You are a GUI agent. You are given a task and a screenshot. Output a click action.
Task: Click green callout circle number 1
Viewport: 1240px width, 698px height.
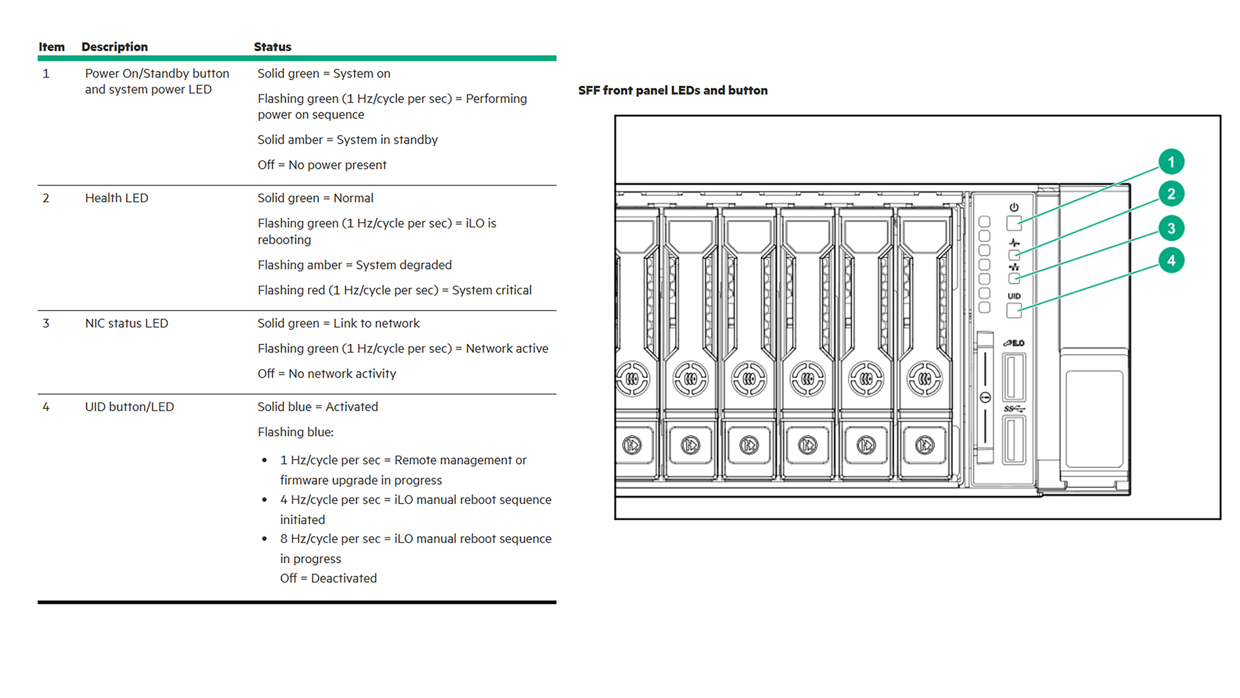tap(1171, 162)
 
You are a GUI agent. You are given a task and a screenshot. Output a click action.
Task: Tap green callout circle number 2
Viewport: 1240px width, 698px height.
tap(1171, 194)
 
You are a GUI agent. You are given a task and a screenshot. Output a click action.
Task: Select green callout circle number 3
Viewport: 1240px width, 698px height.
tap(1171, 228)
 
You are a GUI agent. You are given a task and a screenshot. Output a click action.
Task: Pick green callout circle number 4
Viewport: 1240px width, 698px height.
tap(1171, 260)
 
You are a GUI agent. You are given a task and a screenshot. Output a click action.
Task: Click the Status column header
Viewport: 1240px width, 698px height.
tap(273, 47)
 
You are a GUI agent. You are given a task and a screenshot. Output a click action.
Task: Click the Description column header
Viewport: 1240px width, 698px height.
tap(114, 47)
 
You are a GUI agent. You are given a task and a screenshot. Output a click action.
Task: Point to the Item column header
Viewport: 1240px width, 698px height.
tap(52, 47)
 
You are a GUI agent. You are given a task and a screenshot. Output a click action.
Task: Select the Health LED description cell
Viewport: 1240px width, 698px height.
tap(117, 198)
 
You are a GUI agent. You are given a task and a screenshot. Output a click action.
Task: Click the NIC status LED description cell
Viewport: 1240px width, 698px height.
tap(127, 323)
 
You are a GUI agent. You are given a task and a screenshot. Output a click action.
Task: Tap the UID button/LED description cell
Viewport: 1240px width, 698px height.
tap(129, 407)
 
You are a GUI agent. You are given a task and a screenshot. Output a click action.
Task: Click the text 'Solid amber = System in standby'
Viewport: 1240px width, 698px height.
tap(347, 140)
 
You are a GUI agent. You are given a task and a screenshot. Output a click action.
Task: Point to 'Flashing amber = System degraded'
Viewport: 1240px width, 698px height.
tap(355, 265)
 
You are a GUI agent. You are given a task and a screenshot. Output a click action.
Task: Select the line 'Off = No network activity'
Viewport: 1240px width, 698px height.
tap(327, 374)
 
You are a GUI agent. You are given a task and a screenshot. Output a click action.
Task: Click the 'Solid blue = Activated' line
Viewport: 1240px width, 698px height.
tap(318, 407)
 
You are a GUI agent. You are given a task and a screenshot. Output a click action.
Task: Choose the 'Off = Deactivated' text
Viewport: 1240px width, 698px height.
tap(328, 578)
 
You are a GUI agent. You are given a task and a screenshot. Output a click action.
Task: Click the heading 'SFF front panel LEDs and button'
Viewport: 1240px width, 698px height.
tap(673, 90)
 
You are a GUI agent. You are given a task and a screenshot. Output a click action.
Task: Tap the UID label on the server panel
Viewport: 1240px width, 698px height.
tap(1014, 296)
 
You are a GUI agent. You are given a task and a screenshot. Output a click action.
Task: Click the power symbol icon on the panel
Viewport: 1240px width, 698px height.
tap(1014, 207)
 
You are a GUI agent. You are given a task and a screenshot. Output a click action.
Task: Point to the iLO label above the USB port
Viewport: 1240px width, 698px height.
tap(1014, 343)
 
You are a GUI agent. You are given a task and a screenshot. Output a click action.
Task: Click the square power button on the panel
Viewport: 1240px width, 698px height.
tap(1014, 224)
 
